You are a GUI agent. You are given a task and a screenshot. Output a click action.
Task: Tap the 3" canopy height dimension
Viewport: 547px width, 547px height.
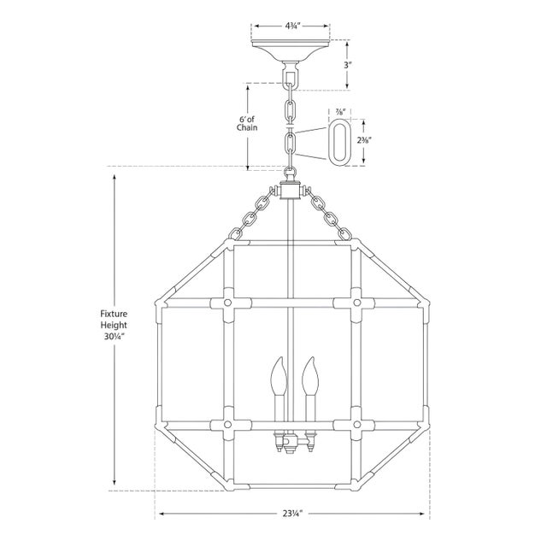(348, 64)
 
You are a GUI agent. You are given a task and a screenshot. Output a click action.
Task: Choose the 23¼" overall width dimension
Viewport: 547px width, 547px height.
(291, 515)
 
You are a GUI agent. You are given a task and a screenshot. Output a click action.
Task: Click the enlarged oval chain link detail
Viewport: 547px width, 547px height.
(339, 141)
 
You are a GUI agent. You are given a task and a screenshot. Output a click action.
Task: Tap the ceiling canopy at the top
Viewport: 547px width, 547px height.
(291, 50)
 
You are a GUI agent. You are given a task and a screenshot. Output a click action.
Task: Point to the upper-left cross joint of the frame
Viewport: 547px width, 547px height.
(229, 303)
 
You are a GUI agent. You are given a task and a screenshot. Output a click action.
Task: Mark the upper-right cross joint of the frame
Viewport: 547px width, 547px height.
(352, 303)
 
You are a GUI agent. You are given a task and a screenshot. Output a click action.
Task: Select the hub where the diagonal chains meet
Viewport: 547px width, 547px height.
(291, 194)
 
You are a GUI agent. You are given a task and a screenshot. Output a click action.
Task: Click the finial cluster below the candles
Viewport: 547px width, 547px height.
(291, 444)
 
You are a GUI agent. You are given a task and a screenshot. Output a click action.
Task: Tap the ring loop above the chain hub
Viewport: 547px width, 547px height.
(291, 174)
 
